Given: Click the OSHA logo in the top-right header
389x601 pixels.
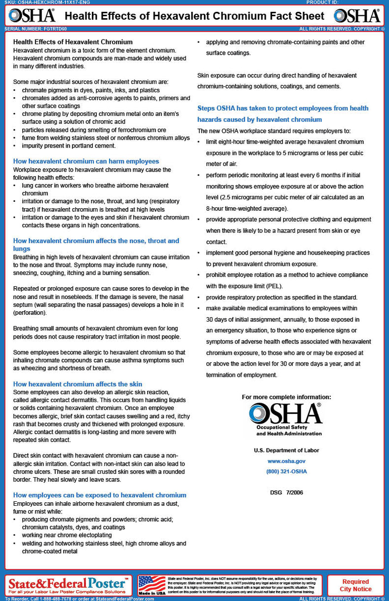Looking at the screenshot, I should pyautogui.click(x=356, y=16).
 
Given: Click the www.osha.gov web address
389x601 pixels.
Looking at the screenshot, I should pyautogui.click(x=286, y=461).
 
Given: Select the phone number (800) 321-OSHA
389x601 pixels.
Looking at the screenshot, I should pyautogui.click(x=286, y=471).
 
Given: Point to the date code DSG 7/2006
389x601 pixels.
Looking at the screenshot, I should pyautogui.click(x=286, y=492).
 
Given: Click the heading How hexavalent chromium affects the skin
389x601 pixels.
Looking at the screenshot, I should pyautogui.click(x=78, y=384).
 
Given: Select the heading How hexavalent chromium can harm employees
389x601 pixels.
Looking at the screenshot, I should pyautogui.click(x=86, y=161).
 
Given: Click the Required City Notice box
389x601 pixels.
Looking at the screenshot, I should pyautogui.click(x=355, y=585).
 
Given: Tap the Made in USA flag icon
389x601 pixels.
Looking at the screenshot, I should pyautogui.click(x=152, y=585).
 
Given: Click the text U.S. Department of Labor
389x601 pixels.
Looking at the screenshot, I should pyautogui.click(x=286, y=451).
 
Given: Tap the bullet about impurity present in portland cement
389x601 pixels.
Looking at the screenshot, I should pyautogui.click(x=69, y=146).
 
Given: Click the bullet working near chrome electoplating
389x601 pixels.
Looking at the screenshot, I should pyautogui.click(x=67, y=535).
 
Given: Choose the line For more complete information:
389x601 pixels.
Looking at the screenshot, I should pyautogui.click(x=286, y=397).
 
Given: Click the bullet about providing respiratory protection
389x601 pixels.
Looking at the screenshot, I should pyautogui.click(x=281, y=298).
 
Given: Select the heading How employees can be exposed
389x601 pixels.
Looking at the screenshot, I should pyautogui.click(x=100, y=495).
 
